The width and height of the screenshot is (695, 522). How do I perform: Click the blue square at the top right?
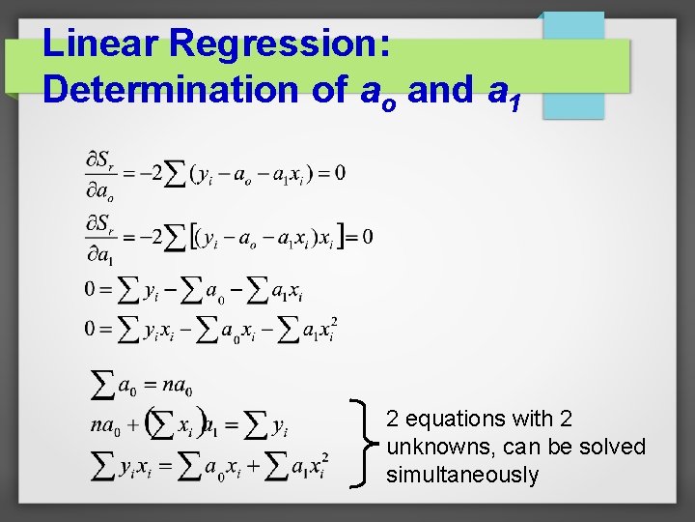pos(572,65)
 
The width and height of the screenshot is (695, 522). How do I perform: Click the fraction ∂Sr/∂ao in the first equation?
pos(100,175)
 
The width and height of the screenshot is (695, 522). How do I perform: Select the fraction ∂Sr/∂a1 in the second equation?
pos(100,238)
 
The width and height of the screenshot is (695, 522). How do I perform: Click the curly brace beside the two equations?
pos(366,445)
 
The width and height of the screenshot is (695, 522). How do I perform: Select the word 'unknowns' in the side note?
pos(431,447)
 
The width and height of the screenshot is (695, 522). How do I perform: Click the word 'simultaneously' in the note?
pos(462,475)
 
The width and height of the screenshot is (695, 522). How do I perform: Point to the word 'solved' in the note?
pos(615,447)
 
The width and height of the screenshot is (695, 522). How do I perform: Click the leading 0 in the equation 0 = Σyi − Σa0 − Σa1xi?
pos(91,289)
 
